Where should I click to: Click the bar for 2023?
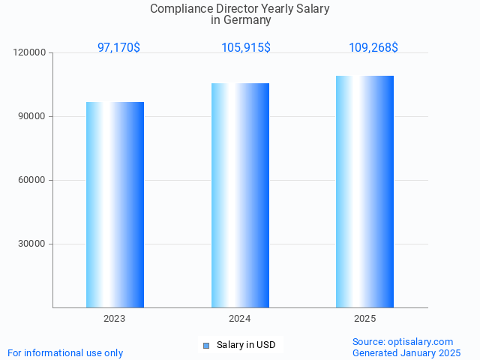tap(115, 205)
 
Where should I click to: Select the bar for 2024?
tap(240, 195)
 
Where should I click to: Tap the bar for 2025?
tap(364, 191)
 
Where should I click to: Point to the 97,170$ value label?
tap(118, 48)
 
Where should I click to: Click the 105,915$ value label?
tap(246, 48)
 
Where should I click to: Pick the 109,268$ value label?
tap(373, 48)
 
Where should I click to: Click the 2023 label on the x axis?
tap(115, 319)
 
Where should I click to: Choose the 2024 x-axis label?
tap(240, 319)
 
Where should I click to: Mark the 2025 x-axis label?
tap(364, 319)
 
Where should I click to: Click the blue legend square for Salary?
tap(206, 346)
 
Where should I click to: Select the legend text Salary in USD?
tap(246, 345)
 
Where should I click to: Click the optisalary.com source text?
tap(403, 342)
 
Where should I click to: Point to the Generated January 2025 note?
tap(406, 353)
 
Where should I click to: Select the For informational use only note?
tap(65, 353)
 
